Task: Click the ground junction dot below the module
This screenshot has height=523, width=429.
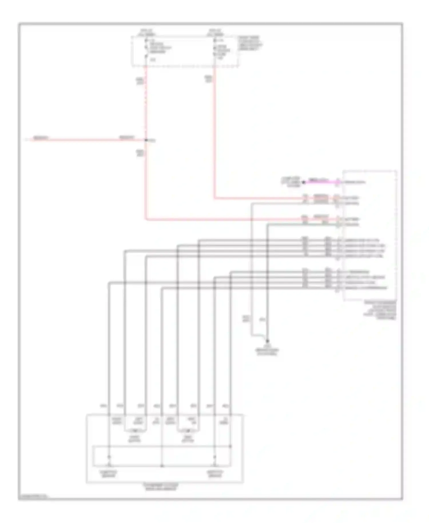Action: click(x=267, y=341)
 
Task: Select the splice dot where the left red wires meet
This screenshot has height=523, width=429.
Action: click(x=146, y=140)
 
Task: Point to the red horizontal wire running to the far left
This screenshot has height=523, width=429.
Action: click(x=86, y=140)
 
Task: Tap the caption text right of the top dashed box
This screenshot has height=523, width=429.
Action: click(x=251, y=43)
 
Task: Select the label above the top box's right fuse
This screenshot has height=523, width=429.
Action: click(x=215, y=32)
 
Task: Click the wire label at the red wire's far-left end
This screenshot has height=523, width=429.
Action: click(x=41, y=138)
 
